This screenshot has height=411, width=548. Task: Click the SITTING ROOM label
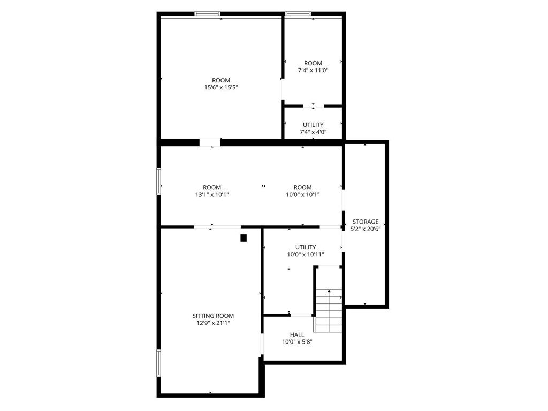point(213,316)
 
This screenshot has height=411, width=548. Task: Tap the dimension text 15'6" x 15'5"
point(221,87)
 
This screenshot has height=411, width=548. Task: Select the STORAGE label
point(365,222)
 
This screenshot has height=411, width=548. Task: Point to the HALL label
point(296,335)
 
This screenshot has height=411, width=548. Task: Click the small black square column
point(243,238)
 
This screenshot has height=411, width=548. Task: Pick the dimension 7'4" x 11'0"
point(313,70)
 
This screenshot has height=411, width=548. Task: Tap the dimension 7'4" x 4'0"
point(313,132)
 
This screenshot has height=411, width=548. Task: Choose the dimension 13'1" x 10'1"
point(212,195)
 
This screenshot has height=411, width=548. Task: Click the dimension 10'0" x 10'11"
point(306,254)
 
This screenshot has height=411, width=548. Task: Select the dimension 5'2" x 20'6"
point(365,229)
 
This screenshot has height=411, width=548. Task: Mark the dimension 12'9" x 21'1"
point(213,323)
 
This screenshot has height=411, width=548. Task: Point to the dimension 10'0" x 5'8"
point(296,342)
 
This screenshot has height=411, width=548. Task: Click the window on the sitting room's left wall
point(158,363)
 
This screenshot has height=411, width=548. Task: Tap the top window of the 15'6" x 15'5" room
point(207,13)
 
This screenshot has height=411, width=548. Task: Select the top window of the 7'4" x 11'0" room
point(298,13)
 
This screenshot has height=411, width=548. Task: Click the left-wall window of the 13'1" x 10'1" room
point(158,181)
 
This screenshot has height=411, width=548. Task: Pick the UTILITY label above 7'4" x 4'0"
point(313,125)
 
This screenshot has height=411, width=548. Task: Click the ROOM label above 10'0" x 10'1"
point(302,187)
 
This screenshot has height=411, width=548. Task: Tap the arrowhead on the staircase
point(329,291)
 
